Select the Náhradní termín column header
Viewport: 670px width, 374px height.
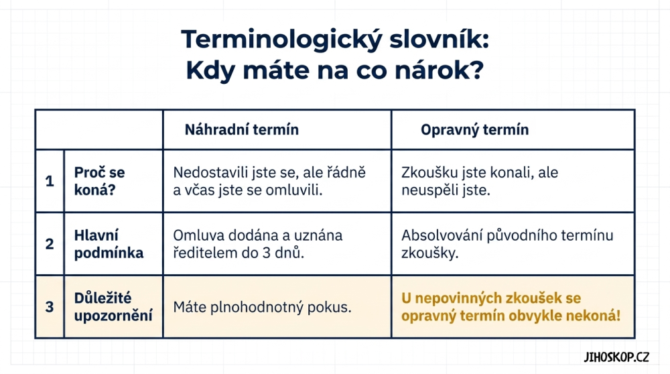point(241,129)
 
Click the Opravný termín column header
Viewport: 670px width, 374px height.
point(475,130)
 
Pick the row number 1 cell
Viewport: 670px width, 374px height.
point(50,181)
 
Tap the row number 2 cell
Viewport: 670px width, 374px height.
point(50,244)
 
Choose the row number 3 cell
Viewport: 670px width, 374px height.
point(50,307)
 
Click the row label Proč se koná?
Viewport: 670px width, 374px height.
point(100,181)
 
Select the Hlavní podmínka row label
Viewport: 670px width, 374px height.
point(109,244)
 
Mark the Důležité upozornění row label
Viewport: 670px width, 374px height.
point(113,307)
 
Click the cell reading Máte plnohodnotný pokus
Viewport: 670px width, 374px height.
point(262,307)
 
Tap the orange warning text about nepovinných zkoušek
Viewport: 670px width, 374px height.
point(511,307)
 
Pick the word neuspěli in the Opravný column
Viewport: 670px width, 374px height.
point(429,190)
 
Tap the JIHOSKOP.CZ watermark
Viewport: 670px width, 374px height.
point(616,357)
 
